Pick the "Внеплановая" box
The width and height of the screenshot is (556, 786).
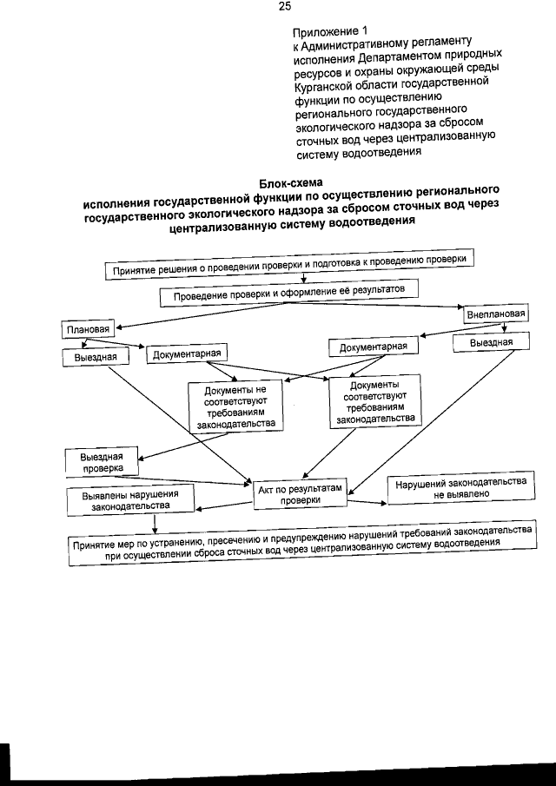(495, 314)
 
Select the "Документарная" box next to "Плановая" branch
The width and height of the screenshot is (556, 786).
(189, 353)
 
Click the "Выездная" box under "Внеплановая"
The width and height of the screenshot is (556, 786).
(491, 342)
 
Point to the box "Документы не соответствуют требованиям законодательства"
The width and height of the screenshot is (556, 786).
(232, 405)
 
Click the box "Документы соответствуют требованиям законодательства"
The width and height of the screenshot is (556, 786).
(374, 400)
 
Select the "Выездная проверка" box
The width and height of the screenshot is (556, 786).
(102, 462)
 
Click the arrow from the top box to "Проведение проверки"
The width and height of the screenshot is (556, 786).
(301, 279)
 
